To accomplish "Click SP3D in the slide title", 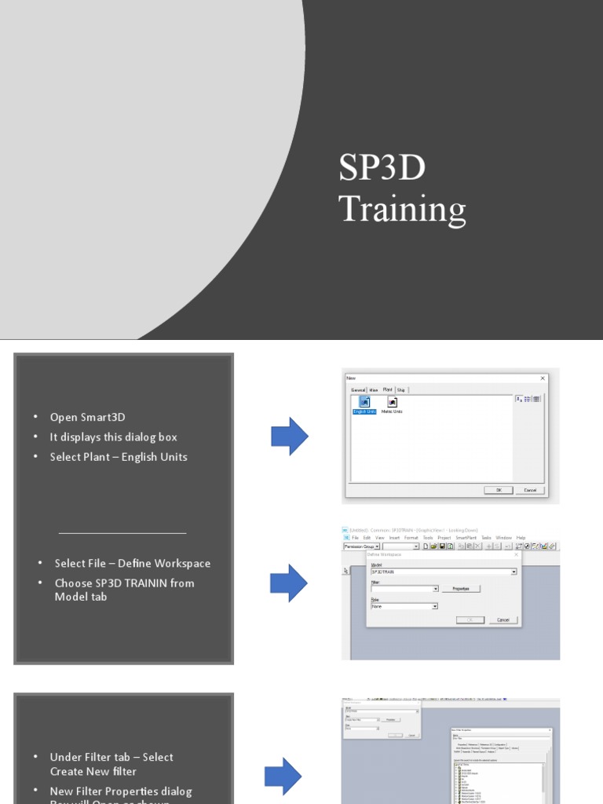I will pyautogui.click(x=382, y=168).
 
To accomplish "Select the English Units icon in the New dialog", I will pyautogui.click(x=364, y=404).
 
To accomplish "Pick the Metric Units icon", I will pyautogui.click(x=392, y=404).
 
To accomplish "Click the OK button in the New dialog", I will pyautogui.click(x=498, y=490).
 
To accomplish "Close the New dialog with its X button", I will pyautogui.click(x=542, y=378).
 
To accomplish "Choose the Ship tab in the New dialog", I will pyautogui.click(x=400, y=389).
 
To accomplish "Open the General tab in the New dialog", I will pyautogui.click(x=358, y=389).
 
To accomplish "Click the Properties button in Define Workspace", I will pyautogui.click(x=460, y=588).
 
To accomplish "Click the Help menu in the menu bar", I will pyautogui.click(x=521, y=537).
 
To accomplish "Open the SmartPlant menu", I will pyautogui.click(x=466, y=537).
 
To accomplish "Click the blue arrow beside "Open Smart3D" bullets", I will pyautogui.click(x=289, y=437).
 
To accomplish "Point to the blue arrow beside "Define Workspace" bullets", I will pyautogui.click(x=289, y=583).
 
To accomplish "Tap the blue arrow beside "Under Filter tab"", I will pyautogui.click(x=283, y=777).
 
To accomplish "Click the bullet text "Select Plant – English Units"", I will pyautogui.click(x=119, y=457).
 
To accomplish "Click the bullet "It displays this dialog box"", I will pyautogui.click(x=114, y=437).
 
